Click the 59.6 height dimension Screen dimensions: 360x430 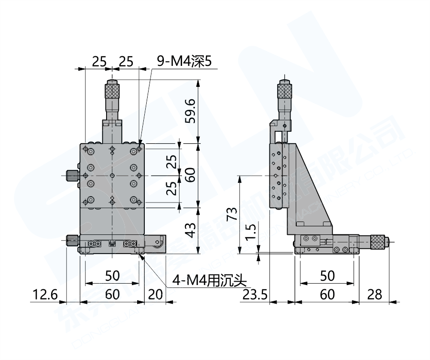click(191, 111)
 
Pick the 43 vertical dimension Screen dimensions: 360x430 click(191, 231)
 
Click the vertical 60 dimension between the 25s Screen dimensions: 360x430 click(191, 176)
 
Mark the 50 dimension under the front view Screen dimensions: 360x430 click(112, 275)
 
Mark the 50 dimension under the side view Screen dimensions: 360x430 click(327, 275)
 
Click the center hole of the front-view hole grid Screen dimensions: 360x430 click(112, 176)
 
